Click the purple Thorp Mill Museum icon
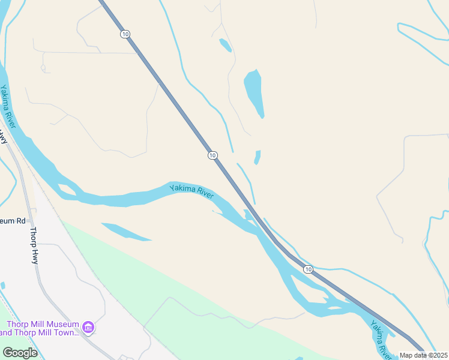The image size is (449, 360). tap(88, 327)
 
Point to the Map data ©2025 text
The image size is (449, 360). tap(423, 355)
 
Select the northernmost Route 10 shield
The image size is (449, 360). tap(125, 34)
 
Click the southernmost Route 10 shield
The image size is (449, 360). tap(308, 269)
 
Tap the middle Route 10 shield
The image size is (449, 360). tap(212, 155)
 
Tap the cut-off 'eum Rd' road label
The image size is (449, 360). tap(13, 221)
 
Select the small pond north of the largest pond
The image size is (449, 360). tap(225, 45)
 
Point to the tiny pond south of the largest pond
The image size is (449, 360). tap(258, 157)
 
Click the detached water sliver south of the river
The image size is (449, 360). tap(125, 231)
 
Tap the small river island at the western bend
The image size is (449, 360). tap(67, 190)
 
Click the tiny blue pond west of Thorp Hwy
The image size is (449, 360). tap(3, 285)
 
